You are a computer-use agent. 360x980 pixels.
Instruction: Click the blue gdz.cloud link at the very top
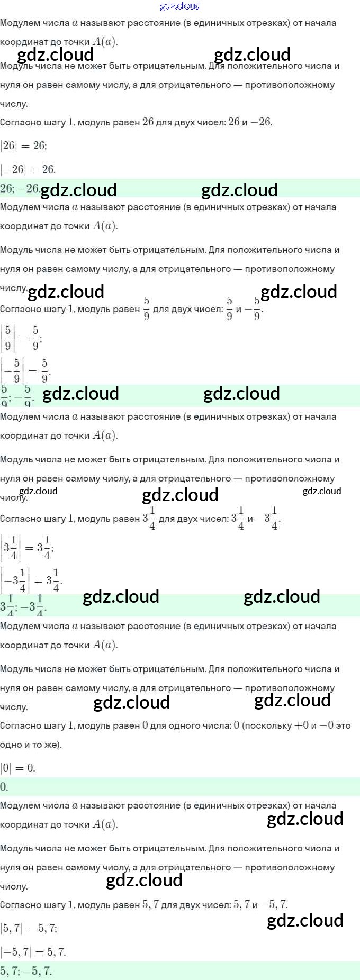pyautogui.click(x=180, y=6)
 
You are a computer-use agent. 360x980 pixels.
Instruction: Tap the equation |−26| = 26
pyautogui.click(x=28, y=169)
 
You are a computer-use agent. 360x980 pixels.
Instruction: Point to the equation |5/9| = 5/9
pyautogui.click(x=22, y=338)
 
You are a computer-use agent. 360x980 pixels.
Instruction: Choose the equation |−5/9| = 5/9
pyautogui.click(x=26, y=370)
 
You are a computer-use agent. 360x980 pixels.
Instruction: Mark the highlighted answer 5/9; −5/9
pyautogui.click(x=17, y=396)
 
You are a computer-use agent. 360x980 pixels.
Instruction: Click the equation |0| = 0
pyautogui.click(x=18, y=768)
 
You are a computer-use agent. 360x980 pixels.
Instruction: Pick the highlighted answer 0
pyautogui.click(x=4, y=787)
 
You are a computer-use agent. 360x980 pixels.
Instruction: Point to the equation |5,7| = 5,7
pyautogui.click(x=29, y=928)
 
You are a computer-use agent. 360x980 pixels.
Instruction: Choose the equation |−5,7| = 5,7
pyautogui.click(x=33, y=952)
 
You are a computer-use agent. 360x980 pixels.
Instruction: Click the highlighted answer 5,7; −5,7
pyautogui.click(x=26, y=971)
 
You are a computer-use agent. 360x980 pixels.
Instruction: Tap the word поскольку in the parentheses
pyautogui.click(x=268, y=725)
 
